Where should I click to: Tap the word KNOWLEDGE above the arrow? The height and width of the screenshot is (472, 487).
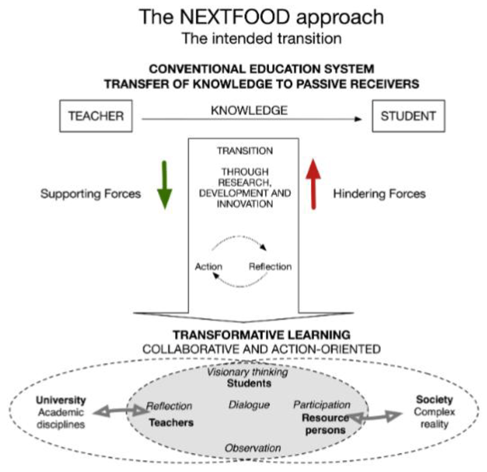249,110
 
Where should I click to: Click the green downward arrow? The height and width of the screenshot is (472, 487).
164,185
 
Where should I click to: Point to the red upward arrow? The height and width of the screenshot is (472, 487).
313,184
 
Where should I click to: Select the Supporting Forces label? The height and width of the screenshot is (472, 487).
91,194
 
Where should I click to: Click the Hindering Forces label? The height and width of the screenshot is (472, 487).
379,194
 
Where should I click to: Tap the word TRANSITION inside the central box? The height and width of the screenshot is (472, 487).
245,151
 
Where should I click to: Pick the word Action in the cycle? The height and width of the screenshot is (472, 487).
208,267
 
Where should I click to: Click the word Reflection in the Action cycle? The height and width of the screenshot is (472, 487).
270,267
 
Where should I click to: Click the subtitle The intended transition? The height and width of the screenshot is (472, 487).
262,38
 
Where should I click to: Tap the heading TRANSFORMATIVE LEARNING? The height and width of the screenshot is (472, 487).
262,335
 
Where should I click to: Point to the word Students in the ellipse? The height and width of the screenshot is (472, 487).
249,383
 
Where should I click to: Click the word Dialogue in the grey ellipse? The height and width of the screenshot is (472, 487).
249,405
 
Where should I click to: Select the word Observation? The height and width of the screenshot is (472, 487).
253,448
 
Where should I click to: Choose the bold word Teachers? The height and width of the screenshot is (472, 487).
171,422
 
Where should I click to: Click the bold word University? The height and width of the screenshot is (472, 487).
61,400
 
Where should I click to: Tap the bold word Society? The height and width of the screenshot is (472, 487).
434,399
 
